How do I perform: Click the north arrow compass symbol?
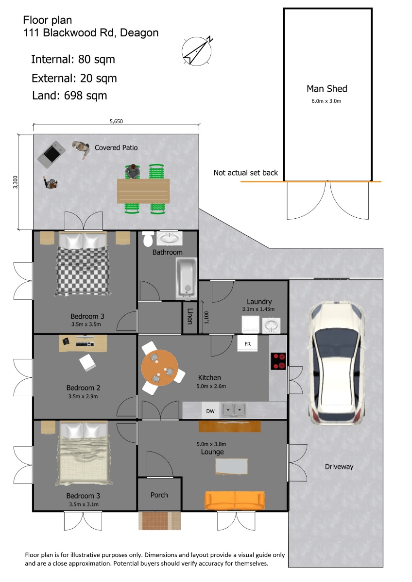pos(196,51)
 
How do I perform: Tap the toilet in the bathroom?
pos(148,239)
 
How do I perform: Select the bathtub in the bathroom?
pos(186,278)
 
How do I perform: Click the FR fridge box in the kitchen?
pos(247,343)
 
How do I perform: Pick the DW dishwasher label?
pos(210,411)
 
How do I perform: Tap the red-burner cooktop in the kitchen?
pos(278,361)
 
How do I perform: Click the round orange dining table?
pos(160,368)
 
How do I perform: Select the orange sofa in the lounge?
pos(235,500)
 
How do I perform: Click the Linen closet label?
pos(190,316)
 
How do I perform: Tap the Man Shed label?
pos(327,89)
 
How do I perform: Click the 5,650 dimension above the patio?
pos(116,121)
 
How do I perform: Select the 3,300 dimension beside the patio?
pos(16,182)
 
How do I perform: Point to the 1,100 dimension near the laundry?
pos(206,318)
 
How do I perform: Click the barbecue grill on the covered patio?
pos(51,154)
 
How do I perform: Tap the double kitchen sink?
pos(234,409)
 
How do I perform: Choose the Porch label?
pos(159,495)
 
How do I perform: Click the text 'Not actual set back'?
pos(246,173)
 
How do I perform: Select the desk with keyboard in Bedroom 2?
pos(83,343)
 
